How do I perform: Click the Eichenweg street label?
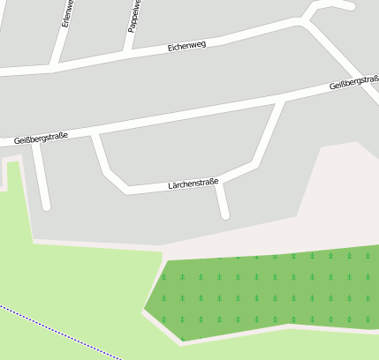186,45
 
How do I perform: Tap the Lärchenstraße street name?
193,184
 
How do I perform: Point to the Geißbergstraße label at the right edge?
353,84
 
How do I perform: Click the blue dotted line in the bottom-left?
62,331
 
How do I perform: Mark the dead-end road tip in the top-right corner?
352,6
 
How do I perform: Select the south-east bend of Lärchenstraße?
253,164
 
